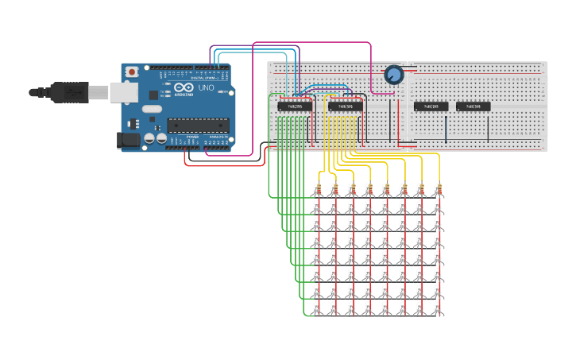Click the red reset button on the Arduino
[131, 72]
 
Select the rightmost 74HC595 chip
[474, 106]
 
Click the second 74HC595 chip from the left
[346, 106]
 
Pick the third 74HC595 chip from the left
[431, 106]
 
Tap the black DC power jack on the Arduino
[127, 141]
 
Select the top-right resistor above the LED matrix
[438, 188]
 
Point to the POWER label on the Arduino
[192, 137]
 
